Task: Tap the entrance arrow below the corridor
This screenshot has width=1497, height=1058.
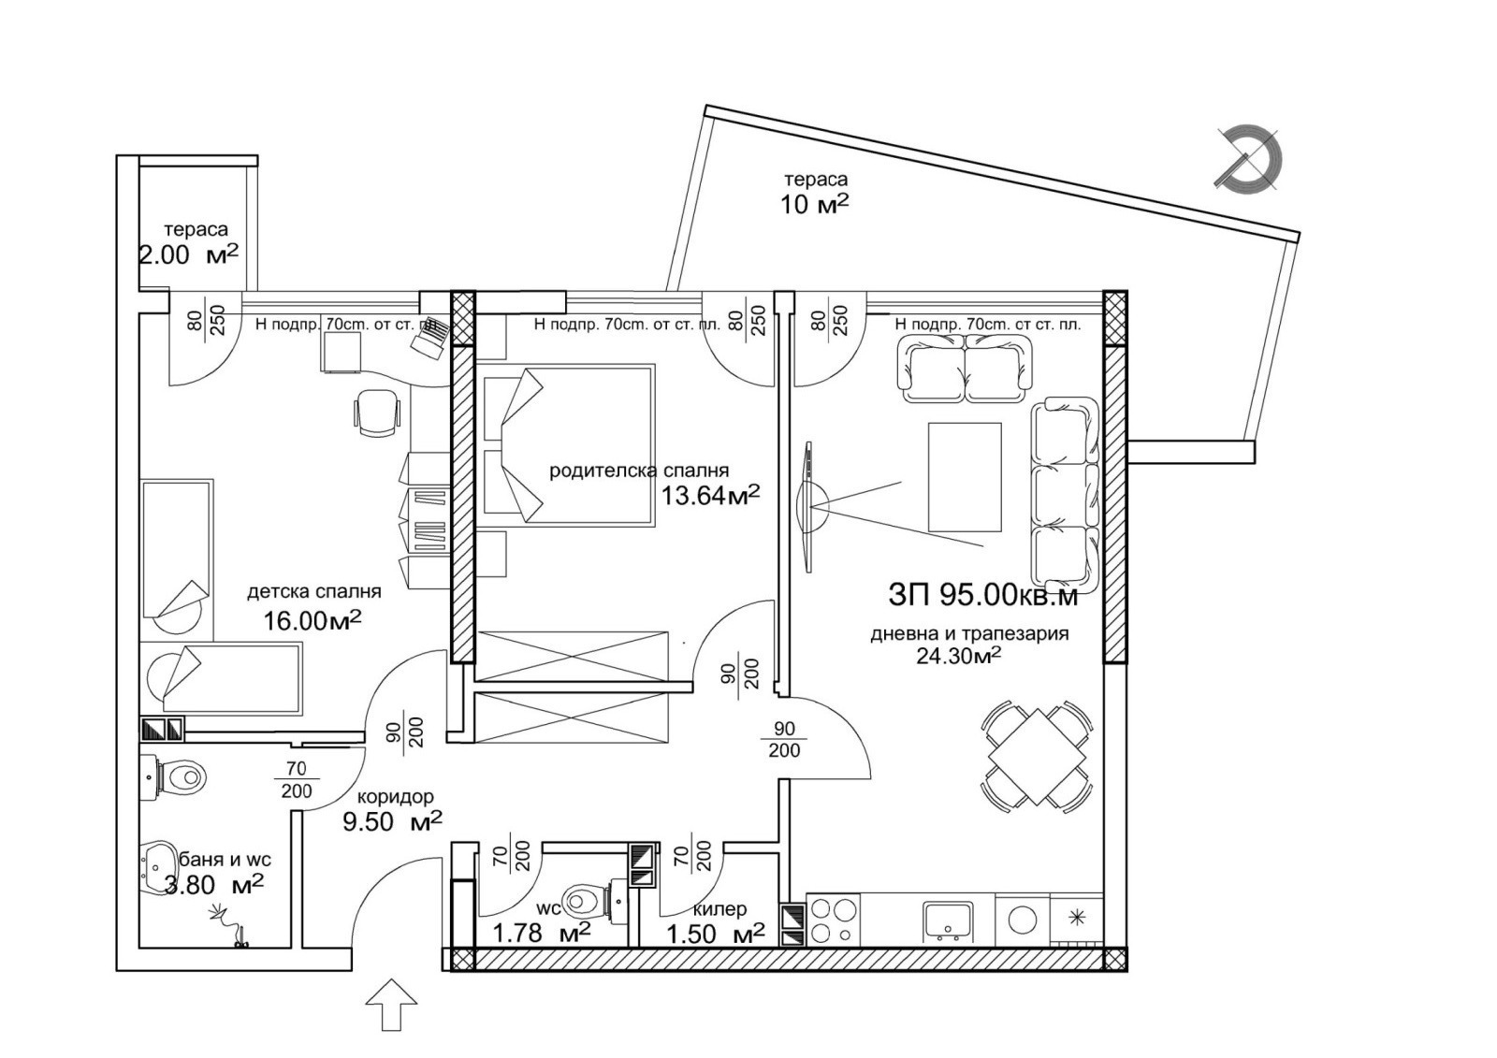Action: (391, 1005)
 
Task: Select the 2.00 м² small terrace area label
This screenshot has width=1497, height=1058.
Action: (187, 254)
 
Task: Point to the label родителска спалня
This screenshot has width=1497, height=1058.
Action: (638, 471)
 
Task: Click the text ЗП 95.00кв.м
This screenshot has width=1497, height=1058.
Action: (981, 595)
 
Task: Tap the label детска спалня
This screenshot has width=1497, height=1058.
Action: (313, 591)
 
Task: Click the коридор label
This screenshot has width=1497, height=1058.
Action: (395, 797)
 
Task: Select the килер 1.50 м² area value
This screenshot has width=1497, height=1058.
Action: (715, 934)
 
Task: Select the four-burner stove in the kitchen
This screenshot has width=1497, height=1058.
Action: (833, 920)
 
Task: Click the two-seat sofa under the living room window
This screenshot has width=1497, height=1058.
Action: (965, 370)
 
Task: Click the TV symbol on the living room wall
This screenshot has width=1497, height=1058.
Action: (808, 506)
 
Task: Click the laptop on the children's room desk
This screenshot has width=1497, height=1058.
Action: (430, 337)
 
